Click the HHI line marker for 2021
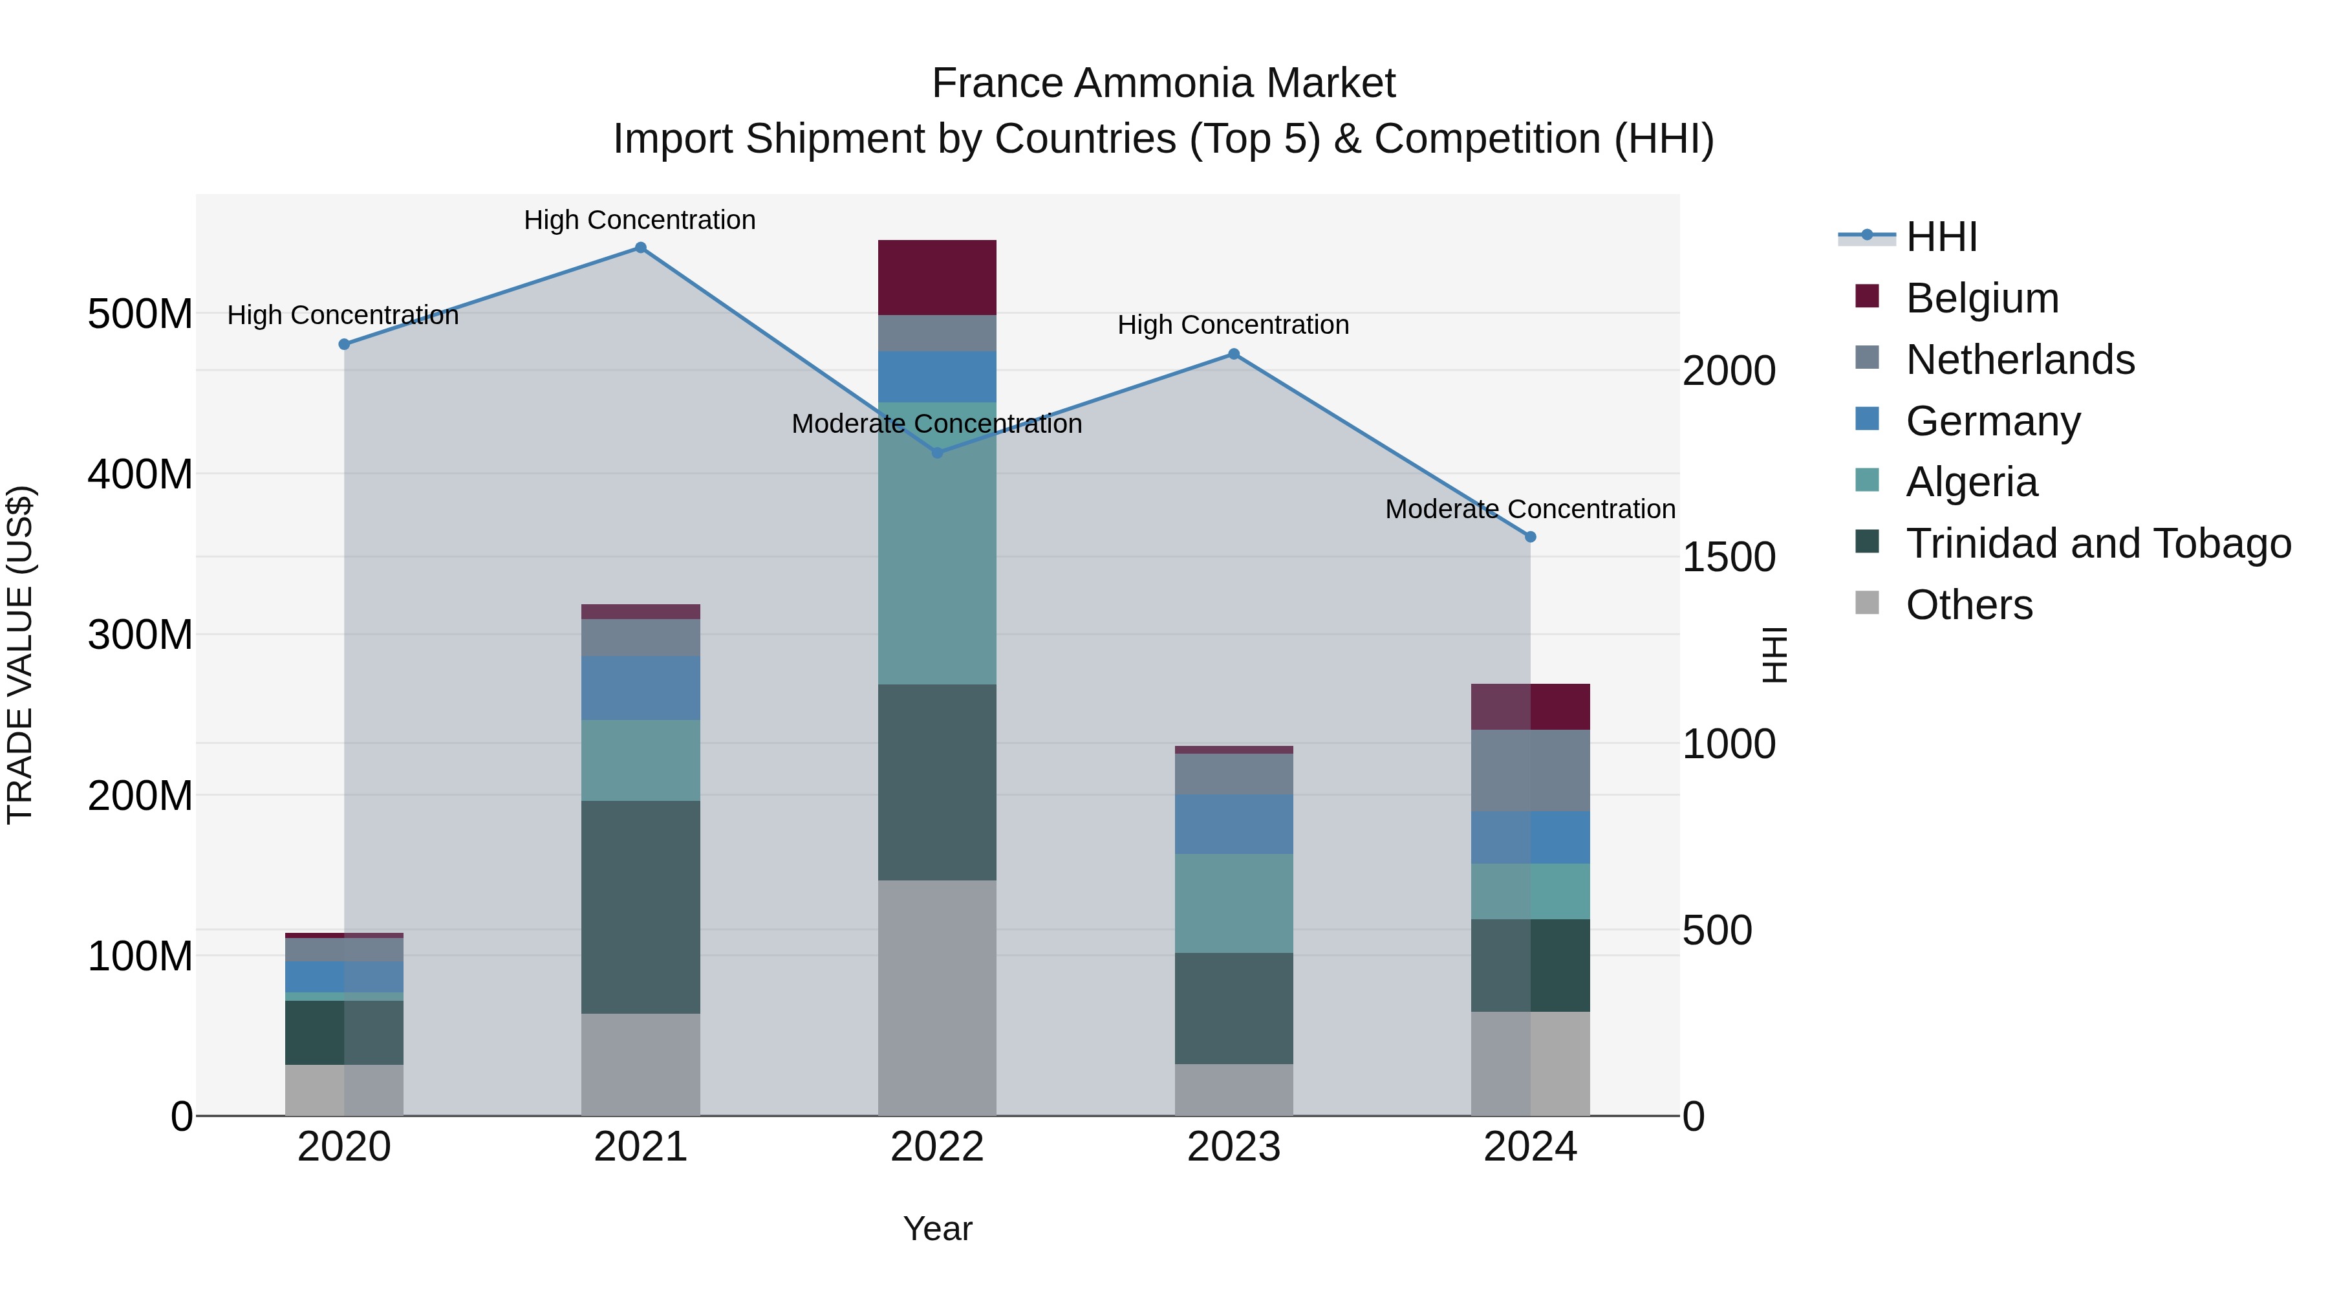[640, 248]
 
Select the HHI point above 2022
[937, 453]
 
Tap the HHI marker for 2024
[1530, 537]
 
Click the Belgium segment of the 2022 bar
[937, 278]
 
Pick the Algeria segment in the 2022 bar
[937, 543]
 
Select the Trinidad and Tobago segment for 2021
[640, 907]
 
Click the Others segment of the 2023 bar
[1234, 1089]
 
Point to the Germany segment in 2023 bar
[1234, 825]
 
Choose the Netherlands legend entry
[2019, 360]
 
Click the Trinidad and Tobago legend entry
[2096, 544]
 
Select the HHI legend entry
[1940, 237]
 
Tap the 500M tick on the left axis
[140, 314]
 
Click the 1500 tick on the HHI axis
[1729, 557]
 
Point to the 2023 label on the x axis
[1234, 1147]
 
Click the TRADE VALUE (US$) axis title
[20, 655]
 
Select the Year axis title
[937, 1228]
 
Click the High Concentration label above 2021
[640, 220]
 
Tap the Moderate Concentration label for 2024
[1530, 509]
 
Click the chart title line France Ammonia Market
[1163, 83]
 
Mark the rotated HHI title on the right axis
[1775, 655]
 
